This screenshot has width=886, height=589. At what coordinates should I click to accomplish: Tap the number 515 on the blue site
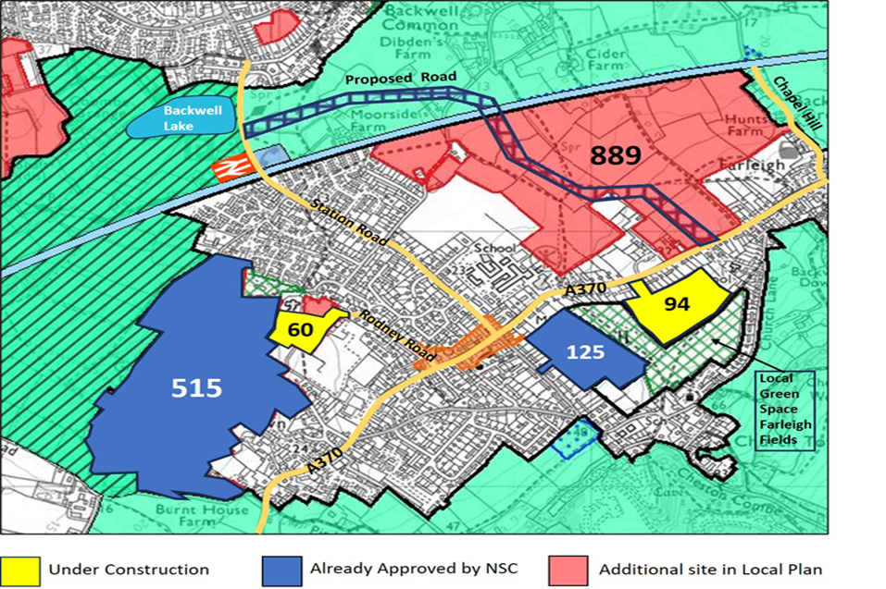197,387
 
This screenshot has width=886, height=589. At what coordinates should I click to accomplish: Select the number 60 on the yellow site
299,328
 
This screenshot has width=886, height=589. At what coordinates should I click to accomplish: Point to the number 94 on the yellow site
677,303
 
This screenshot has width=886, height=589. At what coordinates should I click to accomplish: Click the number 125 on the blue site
585,351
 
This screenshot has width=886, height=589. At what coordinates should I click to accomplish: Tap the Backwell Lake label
182,117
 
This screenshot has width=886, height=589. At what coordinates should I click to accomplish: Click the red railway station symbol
226,169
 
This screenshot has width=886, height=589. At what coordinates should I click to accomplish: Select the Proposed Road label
390,80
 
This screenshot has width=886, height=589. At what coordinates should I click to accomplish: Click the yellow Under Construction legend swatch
19,569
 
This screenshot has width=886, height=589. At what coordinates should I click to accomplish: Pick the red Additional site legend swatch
569,569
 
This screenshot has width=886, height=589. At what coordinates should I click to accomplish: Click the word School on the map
493,249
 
